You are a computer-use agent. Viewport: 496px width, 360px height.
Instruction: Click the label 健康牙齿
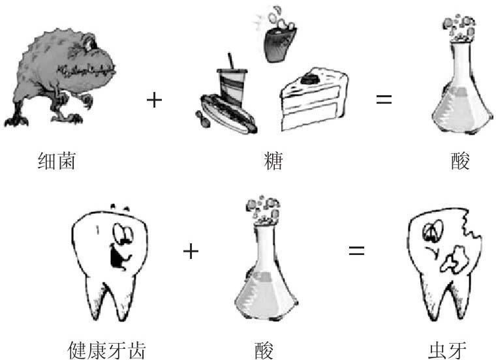[106, 350]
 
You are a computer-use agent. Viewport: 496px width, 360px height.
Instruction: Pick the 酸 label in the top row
[460, 160]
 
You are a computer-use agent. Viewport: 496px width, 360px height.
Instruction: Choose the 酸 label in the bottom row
[264, 350]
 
